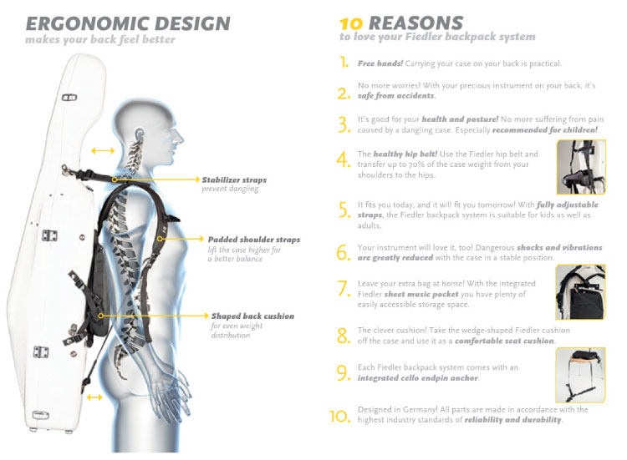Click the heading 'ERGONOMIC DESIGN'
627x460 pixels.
pyautogui.click(x=127, y=23)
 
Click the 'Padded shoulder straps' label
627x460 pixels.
pyautogui.click(x=253, y=240)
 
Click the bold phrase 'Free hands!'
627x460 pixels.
pyautogui.click(x=379, y=63)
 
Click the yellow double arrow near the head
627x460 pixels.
pyautogui.click(x=103, y=150)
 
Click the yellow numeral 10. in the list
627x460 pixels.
pyautogui.click(x=339, y=415)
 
